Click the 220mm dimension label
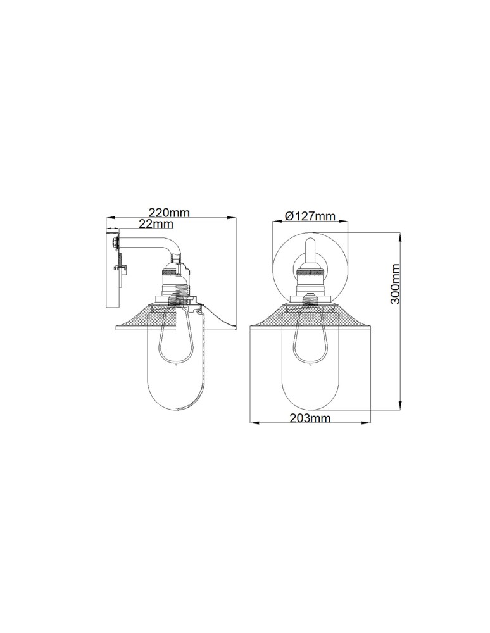pos(169,212)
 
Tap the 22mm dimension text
pos(156,223)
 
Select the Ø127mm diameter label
pos(310,216)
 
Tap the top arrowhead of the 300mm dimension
pos(400,237)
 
